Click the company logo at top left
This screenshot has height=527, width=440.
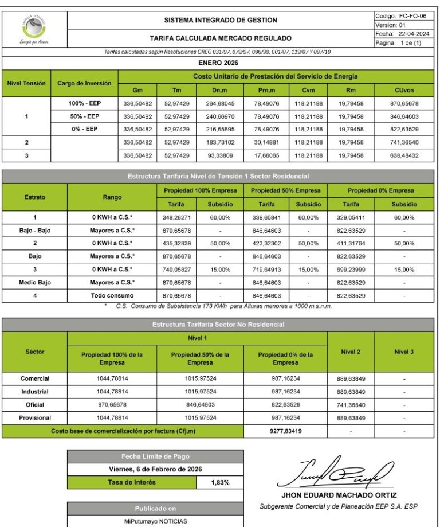pos(34,28)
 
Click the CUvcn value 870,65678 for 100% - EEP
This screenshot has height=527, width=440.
pos(403,104)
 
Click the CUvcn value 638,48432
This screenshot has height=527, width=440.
pos(403,155)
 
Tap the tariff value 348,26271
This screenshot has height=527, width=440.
pos(176,218)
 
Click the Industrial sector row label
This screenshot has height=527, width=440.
pos(34,392)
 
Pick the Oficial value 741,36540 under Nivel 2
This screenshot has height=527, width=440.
pos(350,405)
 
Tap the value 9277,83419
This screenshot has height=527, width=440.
pos(285,431)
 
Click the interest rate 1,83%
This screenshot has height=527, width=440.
pos(220,482)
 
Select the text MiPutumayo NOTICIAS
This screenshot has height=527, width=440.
pos(156,522)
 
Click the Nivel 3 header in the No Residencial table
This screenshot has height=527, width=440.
pos(403,352)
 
